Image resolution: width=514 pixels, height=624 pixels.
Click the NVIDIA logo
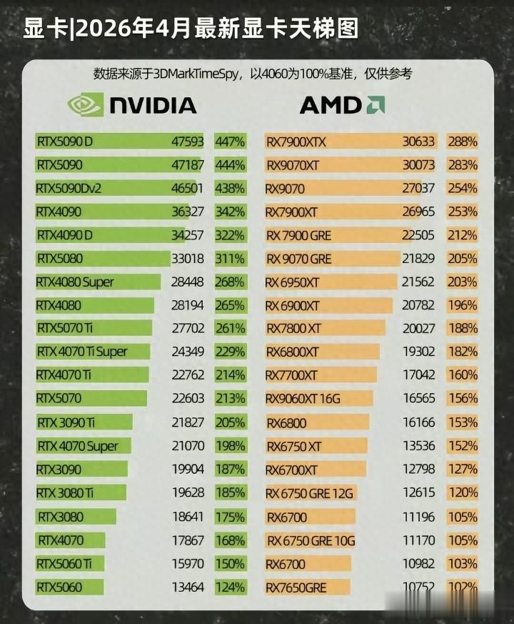(132, 106)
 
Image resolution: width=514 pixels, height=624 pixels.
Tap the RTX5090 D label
(65, 142)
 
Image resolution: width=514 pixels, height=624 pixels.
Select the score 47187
(188, 165)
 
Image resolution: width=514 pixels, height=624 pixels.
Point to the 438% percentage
(230, 189)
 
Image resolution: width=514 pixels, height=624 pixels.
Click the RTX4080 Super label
(75, 282)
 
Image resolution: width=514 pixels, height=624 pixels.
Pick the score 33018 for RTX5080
(188, 259)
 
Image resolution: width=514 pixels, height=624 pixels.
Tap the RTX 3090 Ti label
(66, 423)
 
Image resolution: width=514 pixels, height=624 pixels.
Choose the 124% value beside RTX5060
(230, 588)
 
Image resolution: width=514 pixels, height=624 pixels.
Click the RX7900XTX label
(296, 142)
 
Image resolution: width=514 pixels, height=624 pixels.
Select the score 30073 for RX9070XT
(418, 165)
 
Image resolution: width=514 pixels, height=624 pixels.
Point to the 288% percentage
(462, 142)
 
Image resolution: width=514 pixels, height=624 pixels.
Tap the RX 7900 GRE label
(298, 235)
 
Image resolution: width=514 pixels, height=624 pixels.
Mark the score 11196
(418, 517)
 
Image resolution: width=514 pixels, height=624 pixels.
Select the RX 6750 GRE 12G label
(310, 493)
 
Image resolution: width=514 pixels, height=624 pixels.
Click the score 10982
(418, 564)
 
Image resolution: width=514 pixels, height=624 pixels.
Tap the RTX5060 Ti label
(64, 564)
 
